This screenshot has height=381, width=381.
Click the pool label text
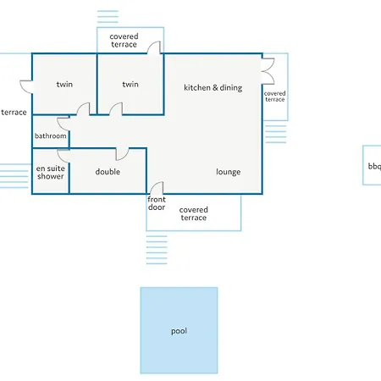[x=179, y=331]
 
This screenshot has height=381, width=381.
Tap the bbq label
[x=374, y=166]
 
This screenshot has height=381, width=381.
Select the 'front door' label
[x=157, y=203]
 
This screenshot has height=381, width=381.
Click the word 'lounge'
[x=229, y=172]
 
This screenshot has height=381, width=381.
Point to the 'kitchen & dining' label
[x=213, y=88]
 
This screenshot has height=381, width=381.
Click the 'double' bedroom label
[x=108, y=172]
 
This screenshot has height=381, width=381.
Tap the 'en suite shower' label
[x=51, y=172]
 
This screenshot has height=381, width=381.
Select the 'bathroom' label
[x=51, y=135]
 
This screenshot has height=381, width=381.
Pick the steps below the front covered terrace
[x=157, y=250]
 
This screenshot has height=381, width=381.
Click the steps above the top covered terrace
[x=108, y=17]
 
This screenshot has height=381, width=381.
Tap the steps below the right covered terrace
[x=276, y=134]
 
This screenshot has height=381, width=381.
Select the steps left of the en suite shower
[x=14, y=176]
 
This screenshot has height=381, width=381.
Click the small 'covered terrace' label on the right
[x=275, y=97]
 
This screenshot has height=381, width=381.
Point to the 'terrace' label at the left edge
[x=14, y=113]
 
